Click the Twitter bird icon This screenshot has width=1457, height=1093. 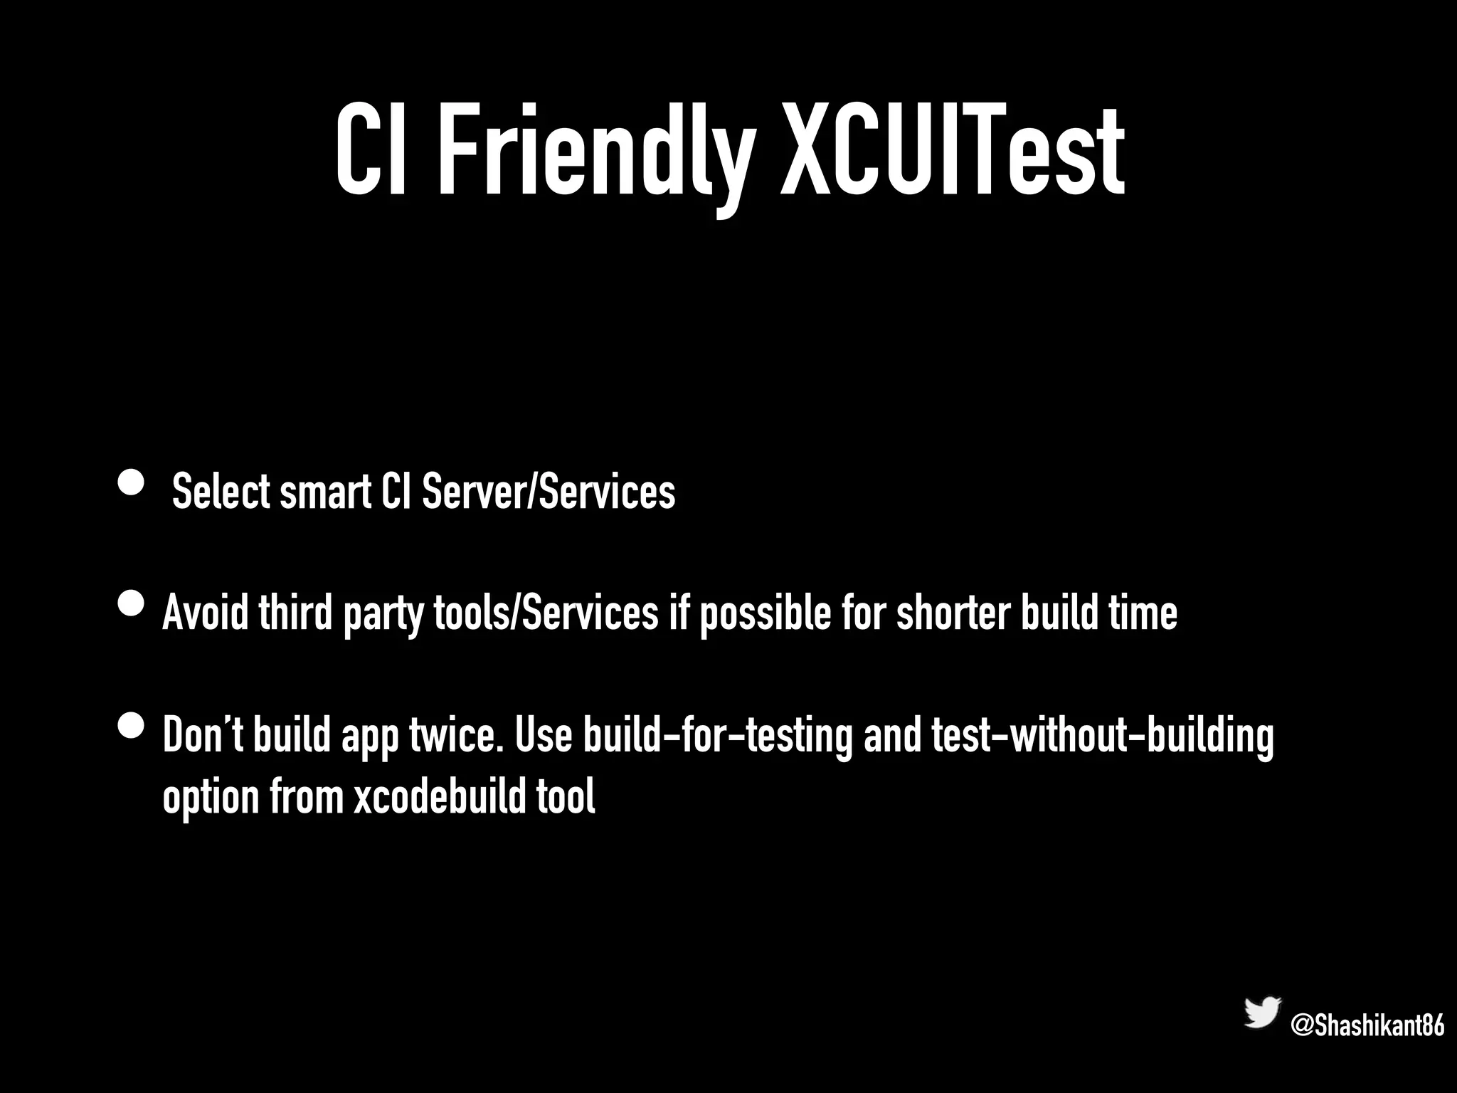click(x=1262, y=1013)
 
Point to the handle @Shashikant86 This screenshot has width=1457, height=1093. click(x=1367, y=1026)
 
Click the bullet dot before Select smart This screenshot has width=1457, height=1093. click(x=131, y=483)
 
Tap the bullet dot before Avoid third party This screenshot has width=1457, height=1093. click(x=131, y=606)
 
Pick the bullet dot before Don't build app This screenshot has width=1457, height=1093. click(x=131, y=727)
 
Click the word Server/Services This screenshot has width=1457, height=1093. click(x=549, y=492)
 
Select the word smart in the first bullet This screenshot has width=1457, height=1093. click(x=325, y=492)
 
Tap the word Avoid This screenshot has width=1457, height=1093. click(x=206, y=613)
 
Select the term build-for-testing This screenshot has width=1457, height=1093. click(x=717, y=736)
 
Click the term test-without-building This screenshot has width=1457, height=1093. click(x=1102, y=736)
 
